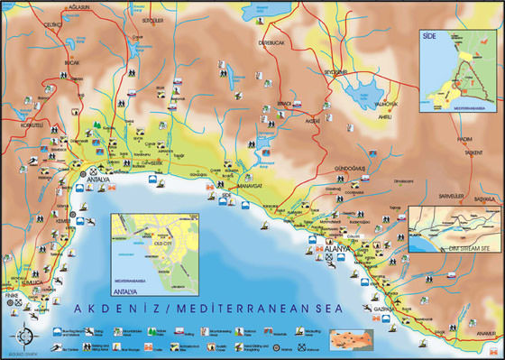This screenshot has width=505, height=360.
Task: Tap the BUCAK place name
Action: click(73, 63)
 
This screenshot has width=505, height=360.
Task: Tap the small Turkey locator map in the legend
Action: click(352, 340)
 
